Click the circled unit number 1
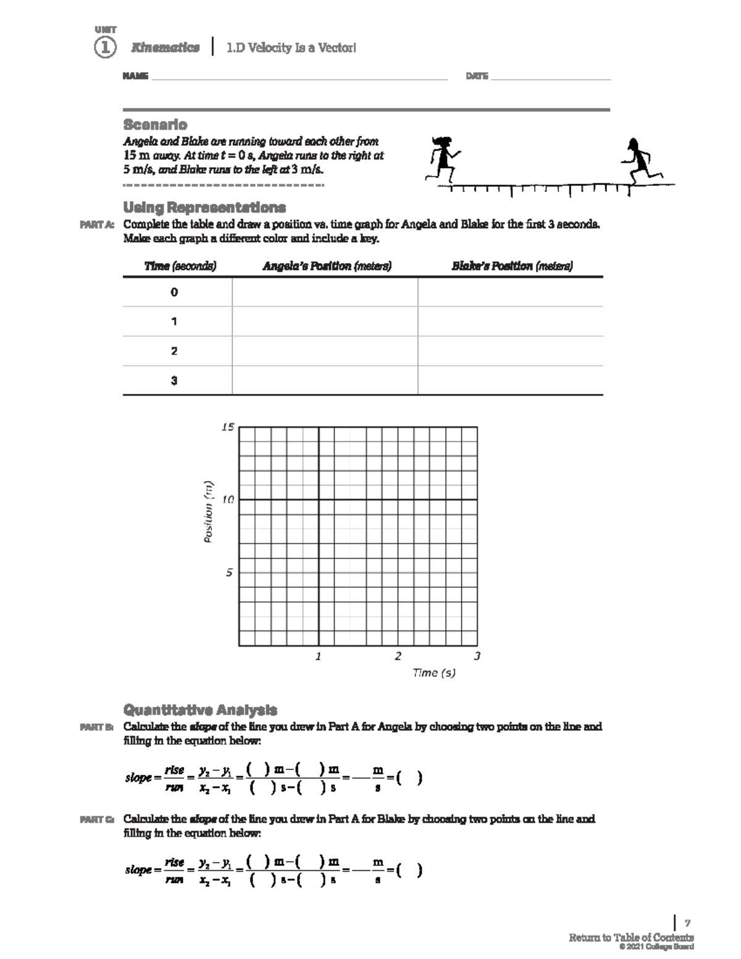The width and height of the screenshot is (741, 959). tap(105, 48)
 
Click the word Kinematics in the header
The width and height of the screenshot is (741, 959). tap(165, 48)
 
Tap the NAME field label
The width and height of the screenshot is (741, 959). tap(135, 76)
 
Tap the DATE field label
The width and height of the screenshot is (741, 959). tap(477, 76)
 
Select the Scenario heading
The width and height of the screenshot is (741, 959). tap(155, 124)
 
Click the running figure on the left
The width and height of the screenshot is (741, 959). tap(443, 158)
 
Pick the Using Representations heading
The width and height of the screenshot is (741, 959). tap(204, 207)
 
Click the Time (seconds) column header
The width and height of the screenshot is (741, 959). tap(180, 266)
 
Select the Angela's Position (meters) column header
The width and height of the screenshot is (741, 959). tap(327, 266)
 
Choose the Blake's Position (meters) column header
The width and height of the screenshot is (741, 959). tap(512, 266)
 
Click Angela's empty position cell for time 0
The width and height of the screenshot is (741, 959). tap(325, 292)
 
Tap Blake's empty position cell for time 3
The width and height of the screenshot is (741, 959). tap(510, 380)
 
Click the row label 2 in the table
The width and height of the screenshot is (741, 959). tap(174, 351)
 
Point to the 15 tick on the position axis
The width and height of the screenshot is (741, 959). tap(228, 427)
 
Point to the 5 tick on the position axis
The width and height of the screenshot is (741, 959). tap(229, 572)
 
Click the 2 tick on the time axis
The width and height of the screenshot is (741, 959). tap(398, 656)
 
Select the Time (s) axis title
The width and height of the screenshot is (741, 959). tap(434, 672)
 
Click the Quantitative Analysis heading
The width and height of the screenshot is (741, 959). tap(200, 710)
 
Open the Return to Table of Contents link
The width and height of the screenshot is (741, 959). tap(631, 937)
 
